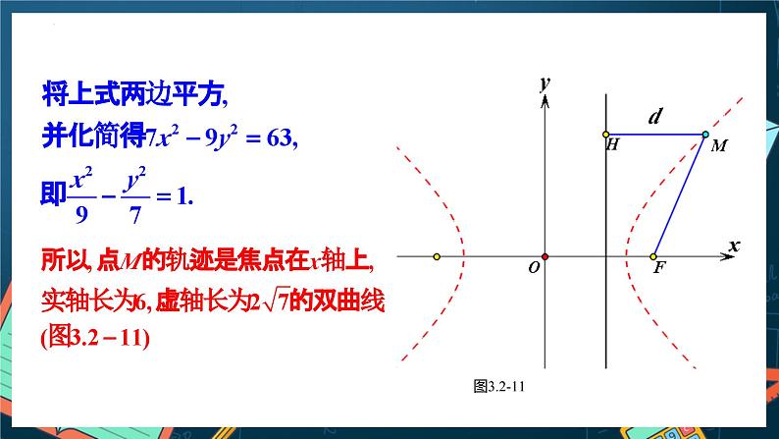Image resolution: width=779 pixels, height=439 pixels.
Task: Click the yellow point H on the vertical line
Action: point(606,134)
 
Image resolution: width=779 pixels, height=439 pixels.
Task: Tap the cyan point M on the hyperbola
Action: point(705,134)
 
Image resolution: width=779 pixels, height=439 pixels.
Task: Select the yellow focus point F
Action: point(653,257)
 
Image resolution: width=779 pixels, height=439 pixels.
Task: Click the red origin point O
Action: point(545,257)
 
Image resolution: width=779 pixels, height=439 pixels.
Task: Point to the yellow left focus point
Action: point(436,257)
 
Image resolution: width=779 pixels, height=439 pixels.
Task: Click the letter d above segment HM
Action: point(654,117)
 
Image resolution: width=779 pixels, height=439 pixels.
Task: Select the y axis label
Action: point(543,83)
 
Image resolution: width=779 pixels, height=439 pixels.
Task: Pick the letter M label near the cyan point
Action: point(719,146)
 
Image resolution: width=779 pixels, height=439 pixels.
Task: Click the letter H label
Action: point(613,145)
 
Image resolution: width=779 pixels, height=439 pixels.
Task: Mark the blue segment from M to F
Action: point(680,195)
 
